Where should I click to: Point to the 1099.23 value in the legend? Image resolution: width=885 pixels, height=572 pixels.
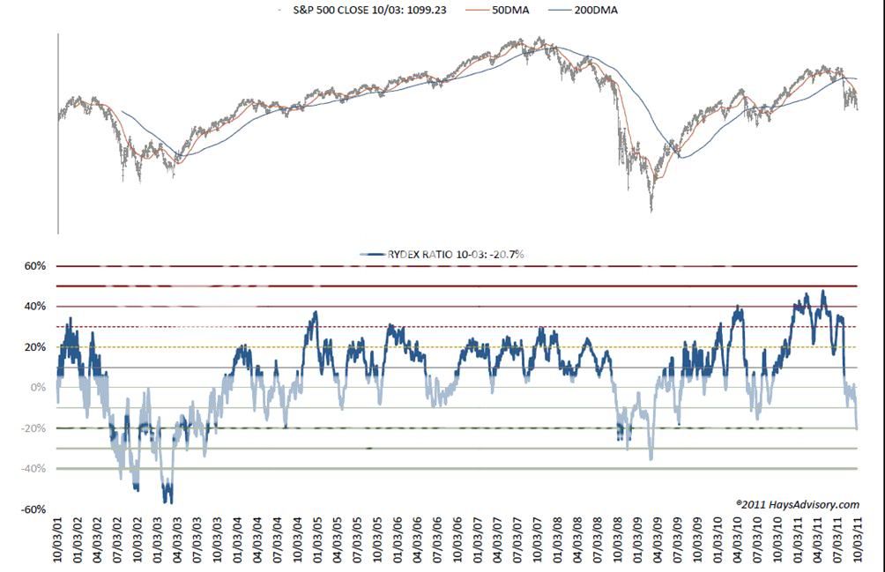pos(432,10)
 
